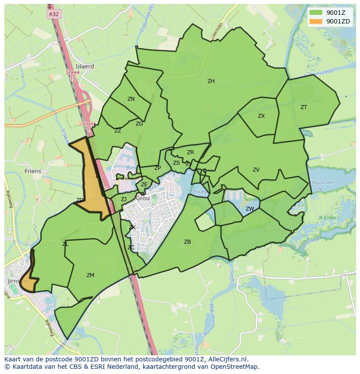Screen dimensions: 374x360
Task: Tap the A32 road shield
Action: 53,14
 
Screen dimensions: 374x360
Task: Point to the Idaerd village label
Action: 85,66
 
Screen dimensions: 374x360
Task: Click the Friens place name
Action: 33,171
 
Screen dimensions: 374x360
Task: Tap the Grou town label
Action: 143,198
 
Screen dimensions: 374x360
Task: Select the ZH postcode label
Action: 211,81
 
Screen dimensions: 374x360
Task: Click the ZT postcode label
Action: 303,107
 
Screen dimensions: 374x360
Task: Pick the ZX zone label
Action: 261,116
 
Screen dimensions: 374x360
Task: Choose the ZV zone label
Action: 256,170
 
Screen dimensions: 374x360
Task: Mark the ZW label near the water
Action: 250,209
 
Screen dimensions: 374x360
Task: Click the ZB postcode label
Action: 187,242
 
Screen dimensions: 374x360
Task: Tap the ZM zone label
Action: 90,275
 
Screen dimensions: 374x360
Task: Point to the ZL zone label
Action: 65,244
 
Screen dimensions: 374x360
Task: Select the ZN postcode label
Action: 131,99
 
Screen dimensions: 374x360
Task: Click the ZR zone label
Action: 190,152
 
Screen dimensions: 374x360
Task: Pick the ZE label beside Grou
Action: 144,185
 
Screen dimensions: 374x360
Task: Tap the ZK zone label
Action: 132,228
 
